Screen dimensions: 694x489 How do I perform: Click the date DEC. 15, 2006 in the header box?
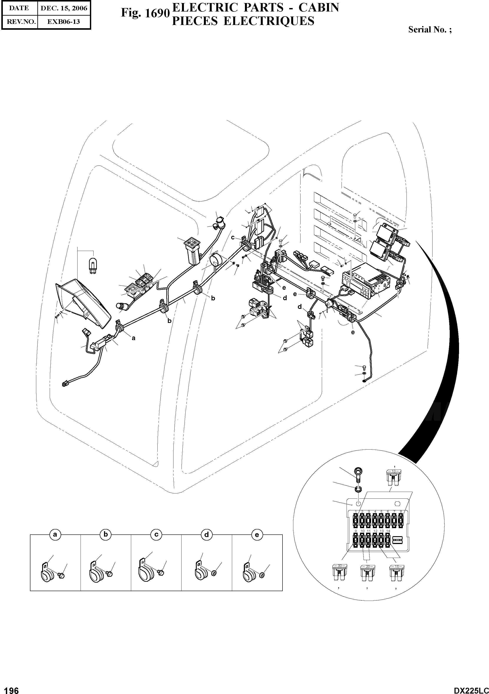tap(64, 8)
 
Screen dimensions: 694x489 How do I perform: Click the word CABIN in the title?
tap(319, 8)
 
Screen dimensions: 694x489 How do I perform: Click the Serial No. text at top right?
tap(430, 30)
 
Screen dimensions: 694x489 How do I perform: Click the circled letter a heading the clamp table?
tap(55, 535)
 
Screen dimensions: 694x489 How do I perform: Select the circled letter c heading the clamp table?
tap(156, 535)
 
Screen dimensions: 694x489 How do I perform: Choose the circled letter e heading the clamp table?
tap(257, 535)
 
